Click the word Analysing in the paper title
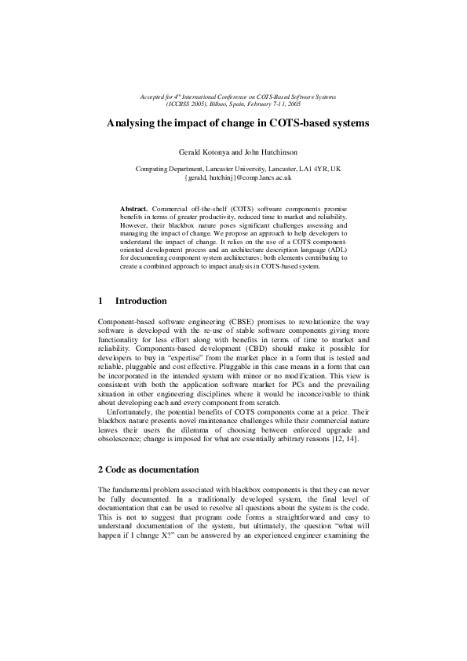pyautogui.click(x=133, y=123)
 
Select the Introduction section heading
pyautogui.click(x=140, y=301)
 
